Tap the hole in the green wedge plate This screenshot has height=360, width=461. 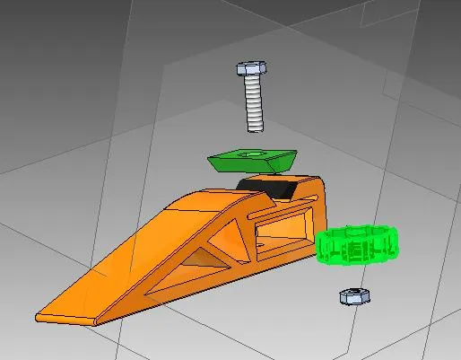255,154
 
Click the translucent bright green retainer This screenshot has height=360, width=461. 356,245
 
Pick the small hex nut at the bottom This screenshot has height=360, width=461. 350,295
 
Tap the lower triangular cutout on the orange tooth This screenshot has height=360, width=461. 198,261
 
